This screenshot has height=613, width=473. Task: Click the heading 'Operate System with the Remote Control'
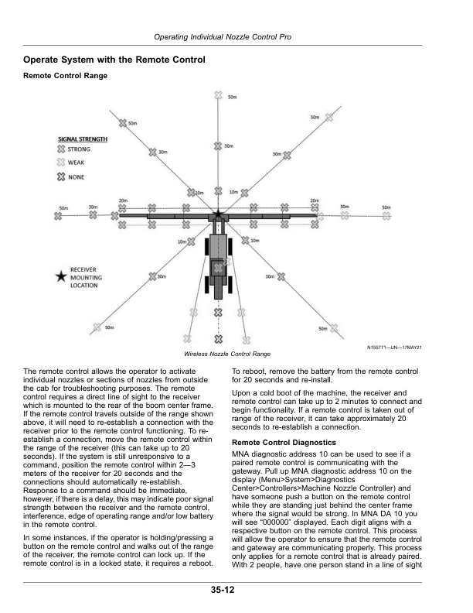tap(114, 60)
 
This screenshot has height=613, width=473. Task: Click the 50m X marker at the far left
tap(59, 215)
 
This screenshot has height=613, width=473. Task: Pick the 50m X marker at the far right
tap(386, 215)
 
